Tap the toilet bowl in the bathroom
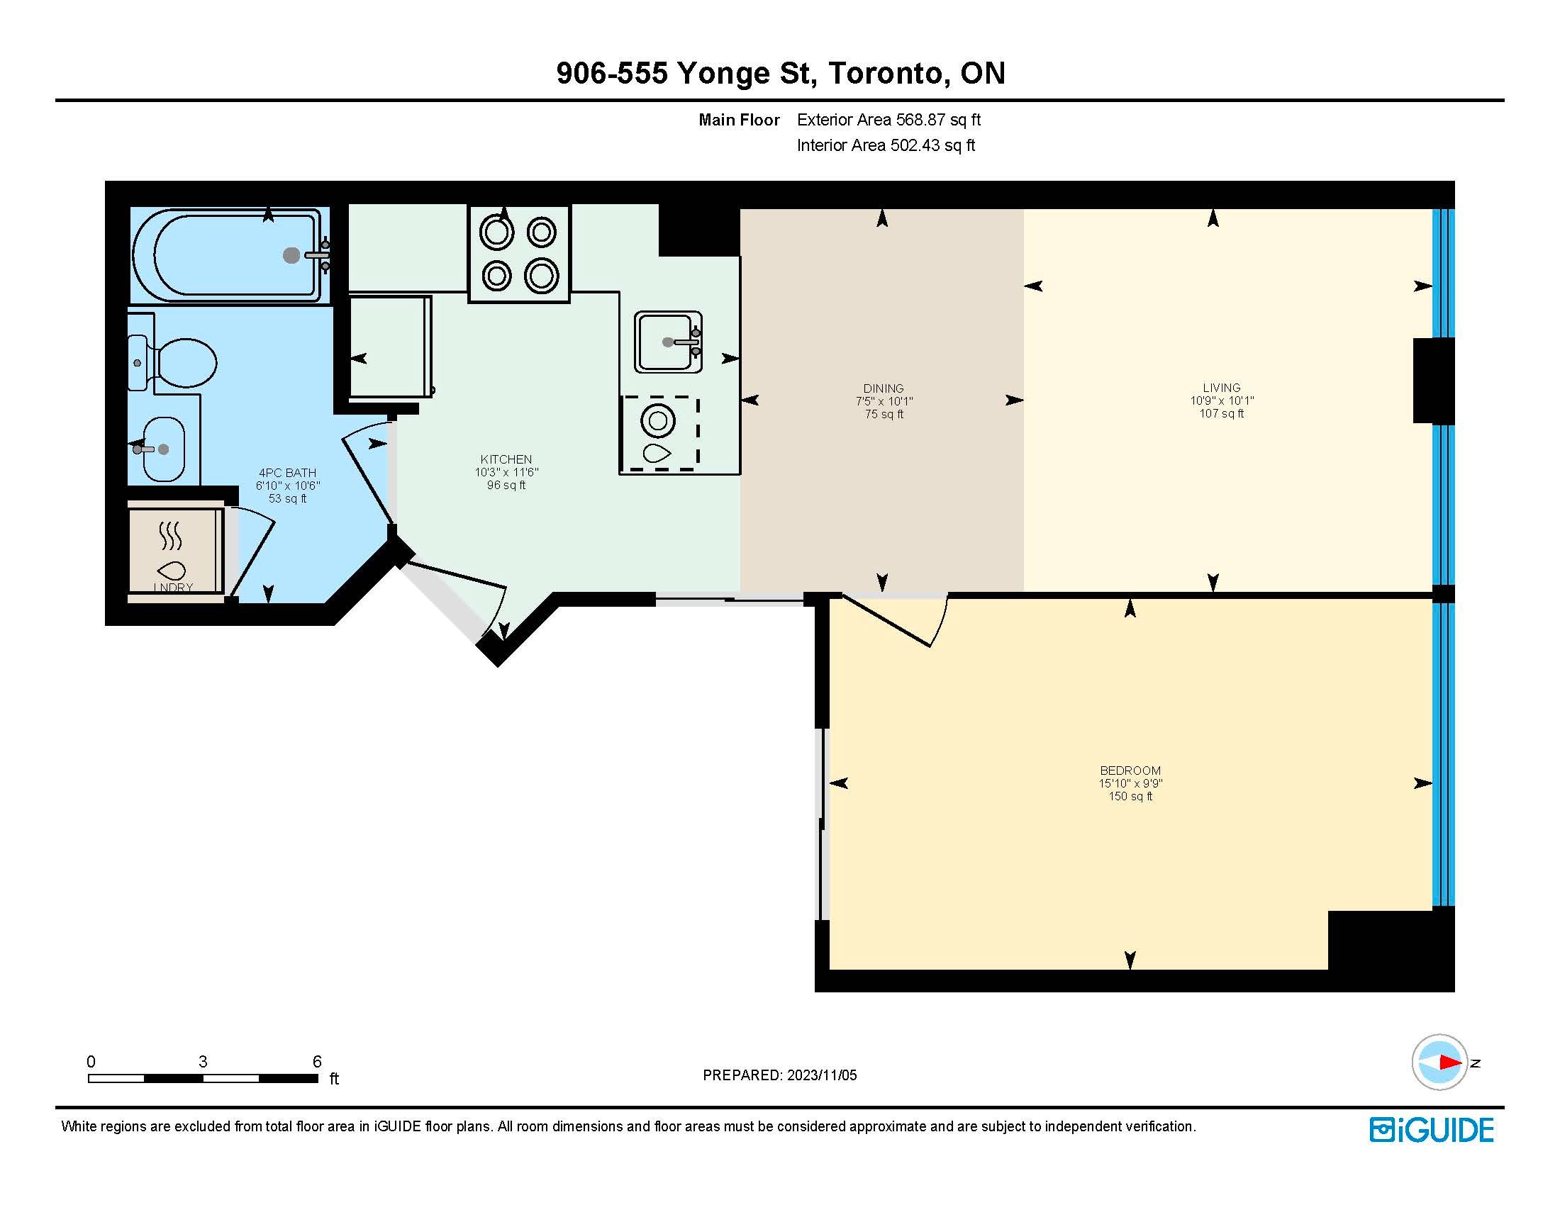tap(185, 363)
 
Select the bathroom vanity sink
tap(164, 449)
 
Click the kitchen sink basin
tap(668, 342)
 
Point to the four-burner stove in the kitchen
tap(519, 254)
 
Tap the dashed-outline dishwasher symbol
tap(659, 433)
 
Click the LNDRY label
tap(174, 588)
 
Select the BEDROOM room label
tap(1130, 770)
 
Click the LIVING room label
tap(1222, 388)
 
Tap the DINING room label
tap(884, 388)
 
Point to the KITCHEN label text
tap(506, 459)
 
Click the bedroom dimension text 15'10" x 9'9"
tap(1131, 783)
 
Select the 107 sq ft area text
tap(1222, 413)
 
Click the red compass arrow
tap(1451, 1063)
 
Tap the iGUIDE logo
tap(1432, 1129)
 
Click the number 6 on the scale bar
tap(317, 1062)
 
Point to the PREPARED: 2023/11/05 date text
tap(780, 1075)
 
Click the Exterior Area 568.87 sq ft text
tap(888, 120)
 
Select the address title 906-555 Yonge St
tap(684, 74)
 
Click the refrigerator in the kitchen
tap(390, 346)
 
